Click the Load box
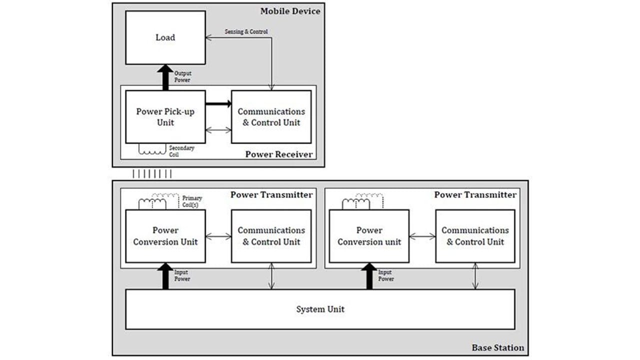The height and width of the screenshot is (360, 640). (x=165, y=37)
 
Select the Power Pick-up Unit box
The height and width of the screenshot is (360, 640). (x=165, y=117)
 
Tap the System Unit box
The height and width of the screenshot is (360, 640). (x=320, y=309)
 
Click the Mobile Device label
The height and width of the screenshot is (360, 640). (x=290, y=11)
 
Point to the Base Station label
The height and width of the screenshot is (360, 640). (x=498, y=347)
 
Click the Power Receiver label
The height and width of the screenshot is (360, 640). (x=278, y=154)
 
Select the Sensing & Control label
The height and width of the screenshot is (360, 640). (x=246, y=32)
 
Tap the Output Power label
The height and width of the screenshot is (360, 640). (x=182, y=76)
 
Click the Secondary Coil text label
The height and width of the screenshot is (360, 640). (x=181, y=151)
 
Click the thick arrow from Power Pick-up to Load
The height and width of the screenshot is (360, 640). (x=165, y=77)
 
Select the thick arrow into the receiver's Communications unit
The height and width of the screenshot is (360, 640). (x=218, y=104)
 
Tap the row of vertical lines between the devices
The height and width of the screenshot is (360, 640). (x=151, y=173)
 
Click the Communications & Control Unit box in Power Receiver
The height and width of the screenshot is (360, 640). (x=271, y=117)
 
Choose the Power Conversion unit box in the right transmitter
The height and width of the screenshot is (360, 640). (x=369, y=236)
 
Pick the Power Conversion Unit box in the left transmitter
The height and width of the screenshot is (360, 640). (x=165, y=236)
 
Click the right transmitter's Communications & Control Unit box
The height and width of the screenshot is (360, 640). (x=475, y=236)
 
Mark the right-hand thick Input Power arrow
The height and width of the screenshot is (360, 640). (x=369, y=276)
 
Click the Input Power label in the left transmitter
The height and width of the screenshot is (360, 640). (x=181, y=275)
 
